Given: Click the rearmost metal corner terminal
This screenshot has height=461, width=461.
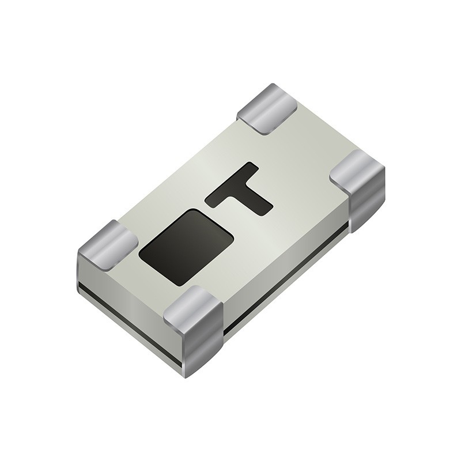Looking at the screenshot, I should [267, 108].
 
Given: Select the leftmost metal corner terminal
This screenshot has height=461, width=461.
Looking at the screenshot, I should [107, 245].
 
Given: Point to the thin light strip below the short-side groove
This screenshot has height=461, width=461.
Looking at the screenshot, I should [130, 334].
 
